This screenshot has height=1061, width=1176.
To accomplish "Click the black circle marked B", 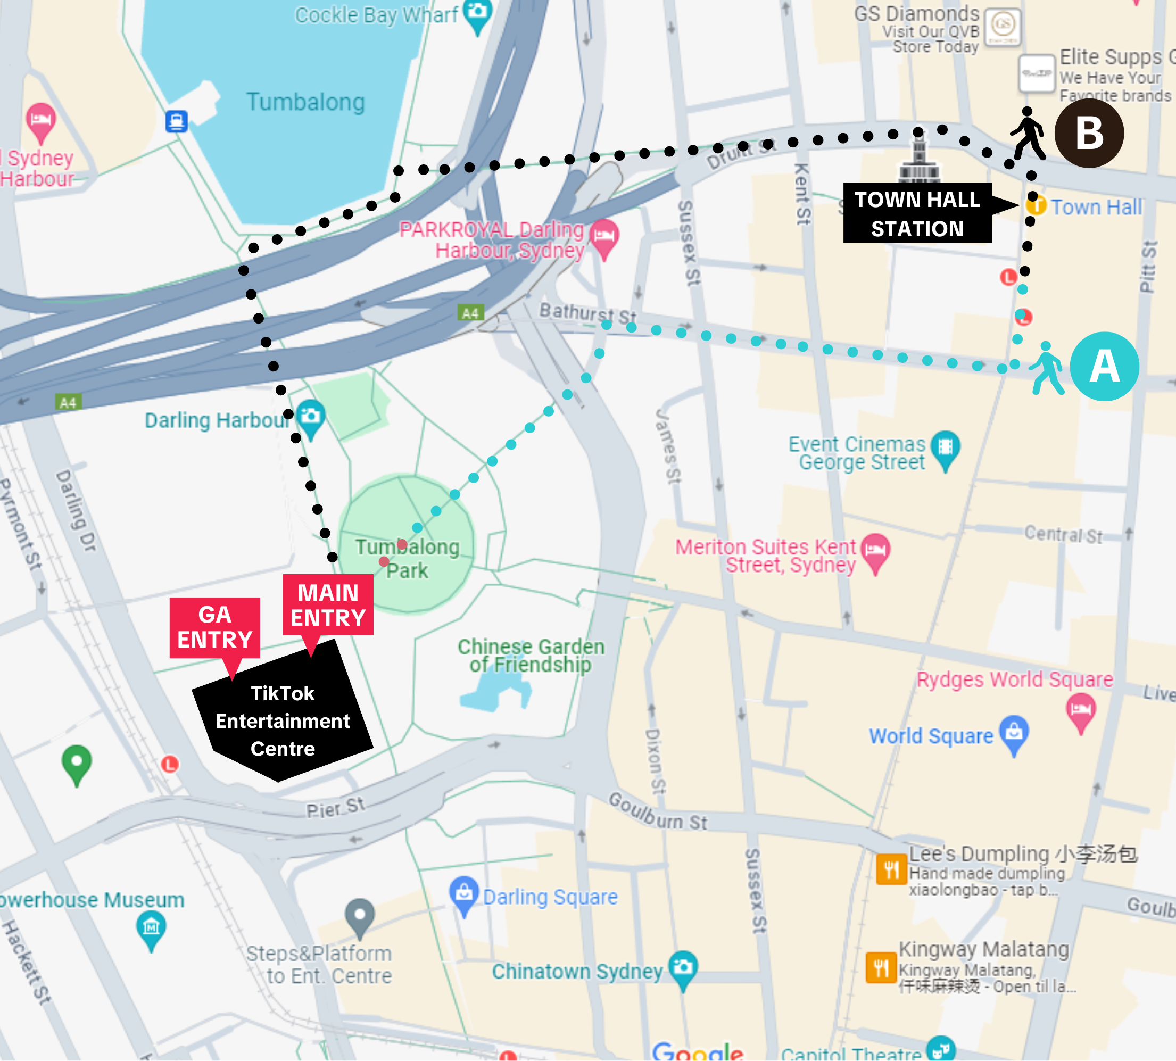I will pyautogui.click(x=1089, y=133).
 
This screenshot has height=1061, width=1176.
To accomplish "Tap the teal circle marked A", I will pyautogui.click(x=1104, y=366).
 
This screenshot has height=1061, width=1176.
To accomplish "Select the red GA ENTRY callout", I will pyautogui.click(x=214, y=627).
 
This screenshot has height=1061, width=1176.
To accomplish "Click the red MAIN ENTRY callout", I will pyautogui.click(x=328, y=605).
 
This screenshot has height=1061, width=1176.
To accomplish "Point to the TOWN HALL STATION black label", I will pyautogui.click(x=917, y=213).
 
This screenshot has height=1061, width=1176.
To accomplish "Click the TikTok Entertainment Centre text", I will pyautogui.click(x=283, y=720).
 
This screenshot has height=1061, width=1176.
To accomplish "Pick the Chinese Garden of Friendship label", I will pyautogui.click(x=531, y=655).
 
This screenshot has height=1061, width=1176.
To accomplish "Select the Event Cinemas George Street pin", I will pyautogui.click(x=945, y=447).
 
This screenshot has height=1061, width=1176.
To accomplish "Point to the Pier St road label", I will pyautogui.click(x=336, y=807).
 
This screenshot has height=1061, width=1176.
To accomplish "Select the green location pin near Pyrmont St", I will pyautogui.click(x=77, y=762).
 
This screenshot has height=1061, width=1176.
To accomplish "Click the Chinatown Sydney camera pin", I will pyautogui.click(x=683, y=968).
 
